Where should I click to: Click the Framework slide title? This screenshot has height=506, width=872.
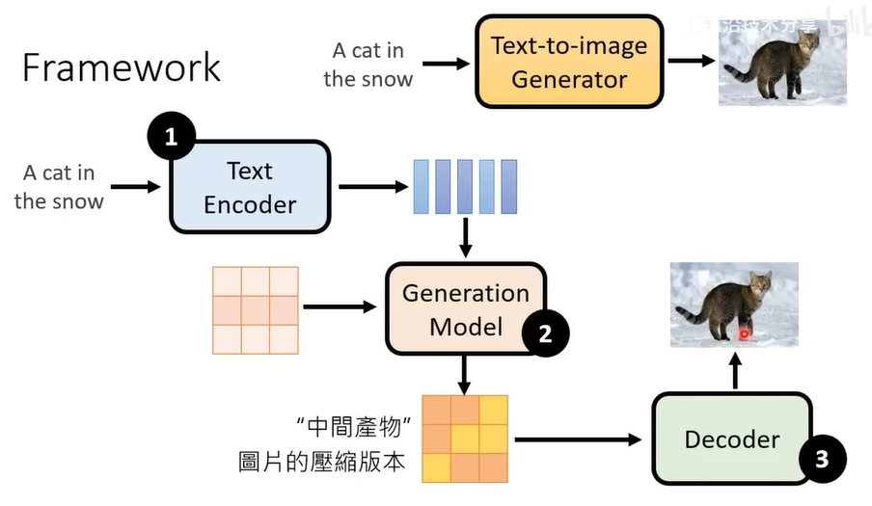click(x=122, y=67)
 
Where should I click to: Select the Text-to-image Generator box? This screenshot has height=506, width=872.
click(x=569, y=62)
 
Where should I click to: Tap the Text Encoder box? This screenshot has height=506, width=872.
click(x=250, y=187)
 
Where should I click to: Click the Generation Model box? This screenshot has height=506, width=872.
click(x=466, y=309)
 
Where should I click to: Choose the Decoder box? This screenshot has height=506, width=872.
click(x=731, y=439)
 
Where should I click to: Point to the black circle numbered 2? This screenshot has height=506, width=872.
click(x=545, y=333)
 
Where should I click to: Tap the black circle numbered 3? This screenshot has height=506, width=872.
click(x=822, y=459)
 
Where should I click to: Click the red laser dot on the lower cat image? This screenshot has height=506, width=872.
click(x=745, y=334)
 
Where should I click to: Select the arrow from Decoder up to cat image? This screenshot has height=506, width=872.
click(x=735, y=371)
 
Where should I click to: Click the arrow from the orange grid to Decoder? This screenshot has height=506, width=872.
click(x=578, y=439)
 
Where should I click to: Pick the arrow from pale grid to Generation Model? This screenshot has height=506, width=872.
click(x=340, y=307)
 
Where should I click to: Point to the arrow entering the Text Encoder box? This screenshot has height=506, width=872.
click(x=136, y=187)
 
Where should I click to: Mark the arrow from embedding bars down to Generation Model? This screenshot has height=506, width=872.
click(x=466, y=237)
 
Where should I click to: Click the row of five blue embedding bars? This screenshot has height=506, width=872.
click(x=466, y=186)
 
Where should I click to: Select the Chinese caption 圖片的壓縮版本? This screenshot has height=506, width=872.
click(x=321, y=464)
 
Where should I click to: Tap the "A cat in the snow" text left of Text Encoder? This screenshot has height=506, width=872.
click(x=59, y=187)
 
